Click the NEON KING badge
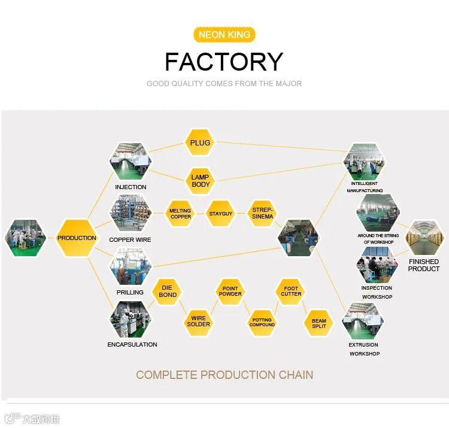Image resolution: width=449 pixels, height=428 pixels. [224, 35]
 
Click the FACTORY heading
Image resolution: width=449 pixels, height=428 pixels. [224, 62]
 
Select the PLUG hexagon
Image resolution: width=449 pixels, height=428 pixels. [200, 143]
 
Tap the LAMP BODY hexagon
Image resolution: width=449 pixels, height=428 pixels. [201, 181]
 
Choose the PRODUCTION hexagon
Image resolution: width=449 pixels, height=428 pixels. [77, 238]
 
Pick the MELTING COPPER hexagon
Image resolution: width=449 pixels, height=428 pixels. [180, 214]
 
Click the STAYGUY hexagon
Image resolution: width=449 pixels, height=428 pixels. [220, 214]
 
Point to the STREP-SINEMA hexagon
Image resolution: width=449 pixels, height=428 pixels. [262, 214]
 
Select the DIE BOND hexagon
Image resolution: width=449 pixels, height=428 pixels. [168, 292]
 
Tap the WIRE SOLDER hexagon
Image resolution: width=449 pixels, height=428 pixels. [198, 322]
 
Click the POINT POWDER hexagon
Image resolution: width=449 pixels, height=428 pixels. [230, 292]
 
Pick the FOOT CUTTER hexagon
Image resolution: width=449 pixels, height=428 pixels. [291, 292]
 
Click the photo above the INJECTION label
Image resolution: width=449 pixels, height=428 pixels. [130, 161]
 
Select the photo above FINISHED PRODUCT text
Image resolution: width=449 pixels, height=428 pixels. [424, 238]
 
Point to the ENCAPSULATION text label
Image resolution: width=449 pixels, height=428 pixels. [132, 345]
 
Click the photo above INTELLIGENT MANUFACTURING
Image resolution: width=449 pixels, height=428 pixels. [364, 161]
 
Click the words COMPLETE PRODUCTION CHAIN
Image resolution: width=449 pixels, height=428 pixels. [224, 375]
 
